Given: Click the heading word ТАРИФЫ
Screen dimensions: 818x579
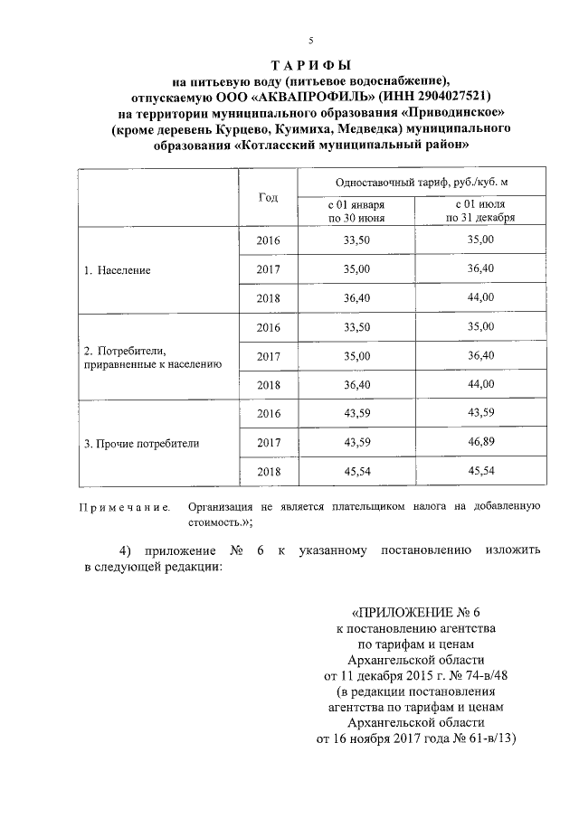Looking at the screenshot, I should [311, 66].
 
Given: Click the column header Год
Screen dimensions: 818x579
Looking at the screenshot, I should [269, 197].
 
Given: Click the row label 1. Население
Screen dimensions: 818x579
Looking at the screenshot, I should [117, 269].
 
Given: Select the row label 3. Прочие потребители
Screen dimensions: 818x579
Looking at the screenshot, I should [141, 444].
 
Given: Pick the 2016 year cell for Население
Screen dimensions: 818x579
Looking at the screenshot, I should [269, 240].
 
